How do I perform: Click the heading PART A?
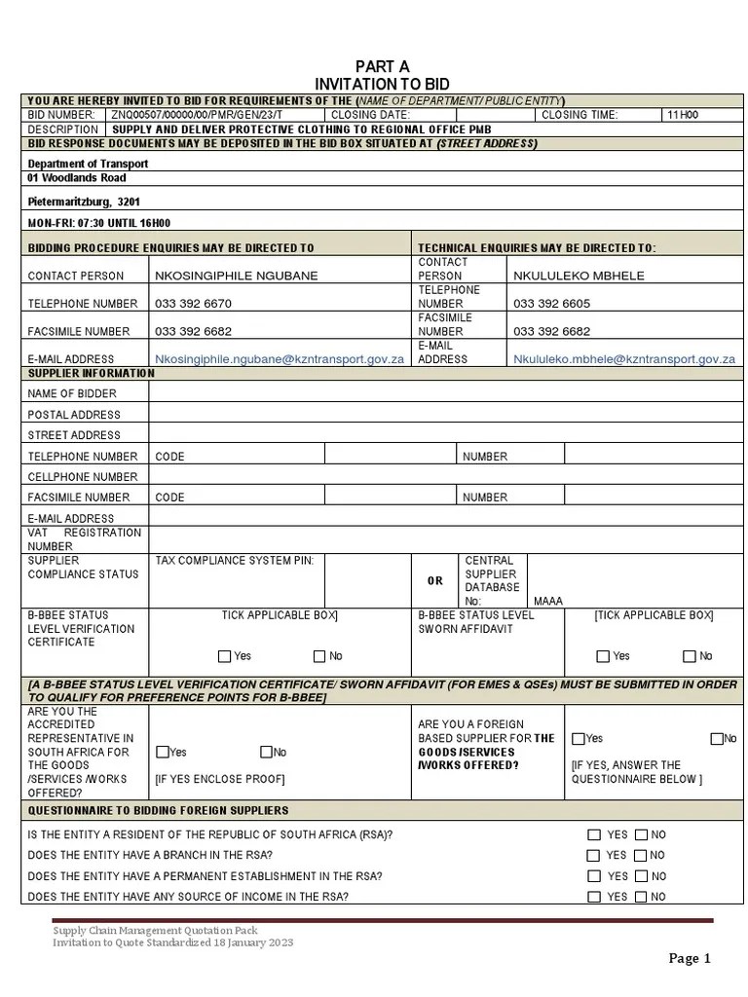click(x=382, y=66)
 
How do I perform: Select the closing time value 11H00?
click(x=682, y=115)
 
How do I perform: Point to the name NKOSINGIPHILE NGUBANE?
click(x=236, y=277)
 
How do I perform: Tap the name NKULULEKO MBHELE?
click(x=579, y=277)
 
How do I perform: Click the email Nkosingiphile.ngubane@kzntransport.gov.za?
click(x=280, y=359)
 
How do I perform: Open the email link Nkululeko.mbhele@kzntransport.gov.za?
click(x=623, y=359)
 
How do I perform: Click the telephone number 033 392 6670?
click(x=193, y=304)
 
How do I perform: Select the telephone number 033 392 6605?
click(x=551, y=304)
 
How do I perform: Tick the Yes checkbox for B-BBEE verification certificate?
click(x=225, y=656)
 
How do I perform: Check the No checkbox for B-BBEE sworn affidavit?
click(x=690, y=656)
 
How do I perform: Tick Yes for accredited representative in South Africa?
click(x=163, y=752)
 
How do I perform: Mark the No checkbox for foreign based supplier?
click(x=717, y=739)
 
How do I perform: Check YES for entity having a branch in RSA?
click(x=593, y=856)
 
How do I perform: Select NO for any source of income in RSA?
click(x=641, y=897)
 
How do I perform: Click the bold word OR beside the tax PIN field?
click(x=435, y=580)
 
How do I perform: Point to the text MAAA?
click(x=548, y=602)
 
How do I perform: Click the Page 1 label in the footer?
click(x=690, y=959)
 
